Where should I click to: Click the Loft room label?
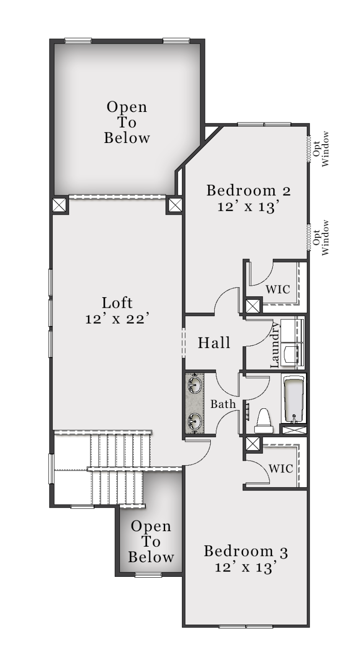click(x=117, y=303)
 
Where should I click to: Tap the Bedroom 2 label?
click(x=249, y=190)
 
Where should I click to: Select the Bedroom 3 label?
click(x=246, y=551)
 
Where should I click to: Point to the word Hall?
click(x=214, y=342)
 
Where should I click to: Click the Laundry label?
click(x=275, y=345)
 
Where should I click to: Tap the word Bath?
click(x=223, y=404)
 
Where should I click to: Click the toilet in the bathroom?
click(x=263, y=421)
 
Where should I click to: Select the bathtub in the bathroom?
click(x=293, y=398)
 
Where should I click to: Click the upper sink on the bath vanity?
click(x=195, y=384)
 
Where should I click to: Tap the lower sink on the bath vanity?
click(x=195, y=420)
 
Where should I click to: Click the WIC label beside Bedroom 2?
click(x=277, y=289)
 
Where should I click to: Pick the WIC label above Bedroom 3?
click(x=281, y=469)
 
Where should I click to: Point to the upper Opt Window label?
click(x=321, y=149)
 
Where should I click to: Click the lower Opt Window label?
click(x=321, y=237)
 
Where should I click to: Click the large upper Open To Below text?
click(x=127, y=122)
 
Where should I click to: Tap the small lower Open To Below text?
click(x=151, y=542)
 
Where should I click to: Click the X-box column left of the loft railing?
click(x=60, y=205)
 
